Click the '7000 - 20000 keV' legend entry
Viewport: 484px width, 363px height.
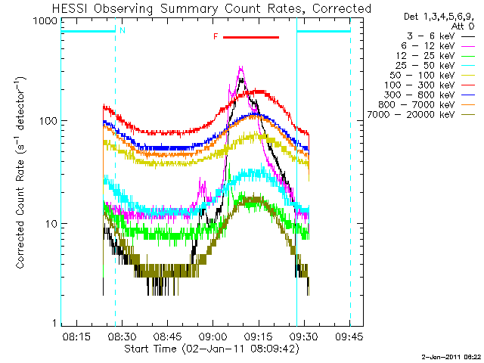pyautogui.click(x=420, y=115)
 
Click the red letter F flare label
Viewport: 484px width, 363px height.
pyautogui.click(x=216, y=37)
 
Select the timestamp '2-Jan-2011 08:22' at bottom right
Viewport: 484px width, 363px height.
pyautogui.click(x=451, y=356)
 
